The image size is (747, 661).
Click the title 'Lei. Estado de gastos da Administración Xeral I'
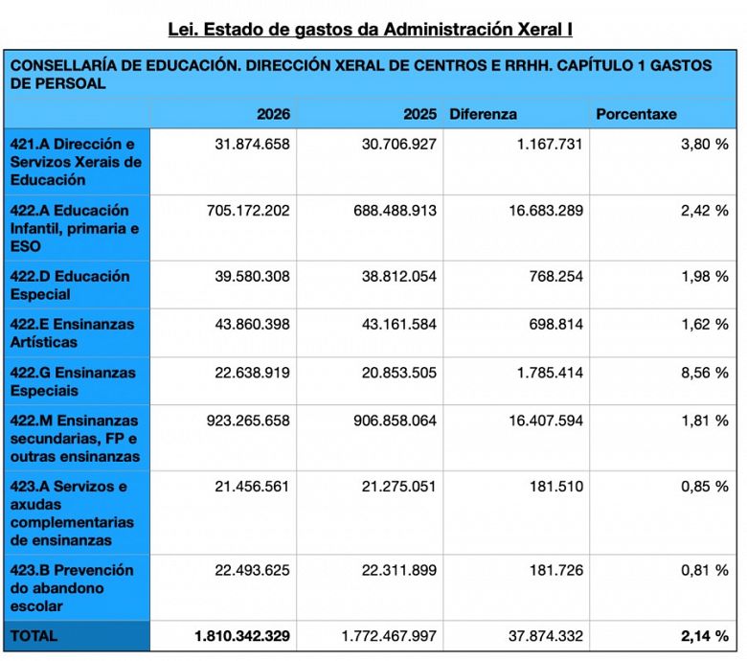[371, 29]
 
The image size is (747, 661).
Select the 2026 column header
[273, 114]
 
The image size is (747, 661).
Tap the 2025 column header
[419, 114]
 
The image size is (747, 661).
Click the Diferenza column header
[483, 114]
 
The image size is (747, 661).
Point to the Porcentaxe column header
[636, 114]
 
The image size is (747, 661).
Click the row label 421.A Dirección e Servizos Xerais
[76, 162]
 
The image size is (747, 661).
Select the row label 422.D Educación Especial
[70, 285]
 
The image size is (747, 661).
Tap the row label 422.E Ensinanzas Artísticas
[73, 333]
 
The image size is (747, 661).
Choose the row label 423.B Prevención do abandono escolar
[72, 588]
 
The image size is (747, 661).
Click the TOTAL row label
[34, 636]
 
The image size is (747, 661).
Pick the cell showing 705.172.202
[248, 211]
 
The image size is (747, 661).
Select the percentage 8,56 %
[705, 373]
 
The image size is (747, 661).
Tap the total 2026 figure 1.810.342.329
[242, 636]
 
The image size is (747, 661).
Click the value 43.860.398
[252, 325]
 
